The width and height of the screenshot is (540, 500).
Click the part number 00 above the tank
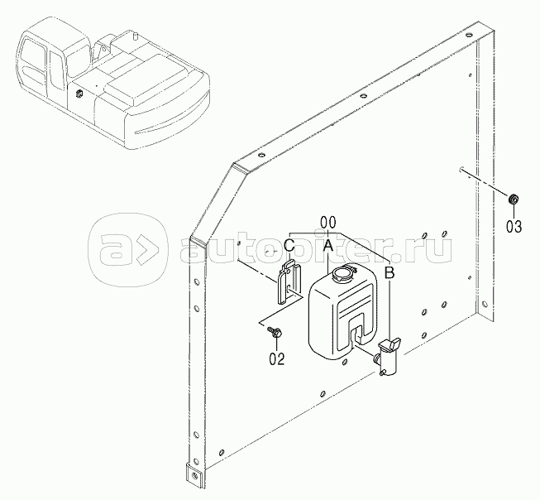(327, 222)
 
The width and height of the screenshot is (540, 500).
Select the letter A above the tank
(327, 246)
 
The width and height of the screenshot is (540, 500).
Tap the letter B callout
(389, 272)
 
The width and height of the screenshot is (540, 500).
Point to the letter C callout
(289, 246)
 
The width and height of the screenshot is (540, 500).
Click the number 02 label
(277, 358)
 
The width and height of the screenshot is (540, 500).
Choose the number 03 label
(514, 226)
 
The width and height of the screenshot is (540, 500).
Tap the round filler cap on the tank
(342, 271)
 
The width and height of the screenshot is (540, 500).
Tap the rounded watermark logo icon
(128, 246)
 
